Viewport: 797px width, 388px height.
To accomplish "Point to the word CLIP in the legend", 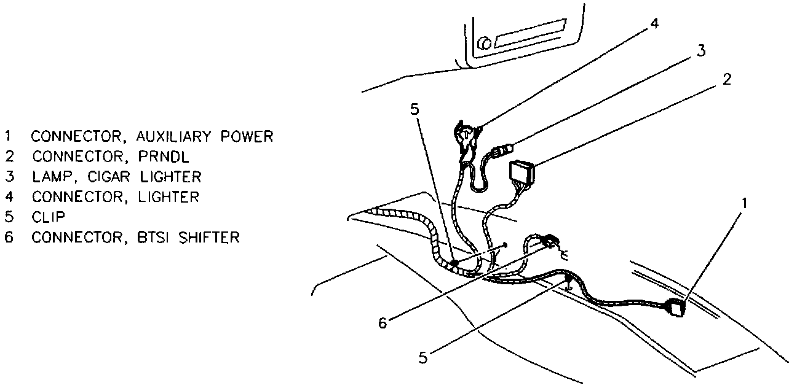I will (x=49, y=217).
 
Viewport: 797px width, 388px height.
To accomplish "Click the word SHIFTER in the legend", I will (x=209, y=237).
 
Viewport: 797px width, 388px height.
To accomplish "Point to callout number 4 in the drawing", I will (x=655, y=24).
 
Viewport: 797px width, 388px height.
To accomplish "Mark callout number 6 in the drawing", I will (x=383, y=323).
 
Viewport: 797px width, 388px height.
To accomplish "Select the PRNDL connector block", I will (x=521, y=171).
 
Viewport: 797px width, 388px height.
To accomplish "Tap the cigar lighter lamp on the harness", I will (x=504, y=149).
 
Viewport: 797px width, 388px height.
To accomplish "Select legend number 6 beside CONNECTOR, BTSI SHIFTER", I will (x=9, y=237).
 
